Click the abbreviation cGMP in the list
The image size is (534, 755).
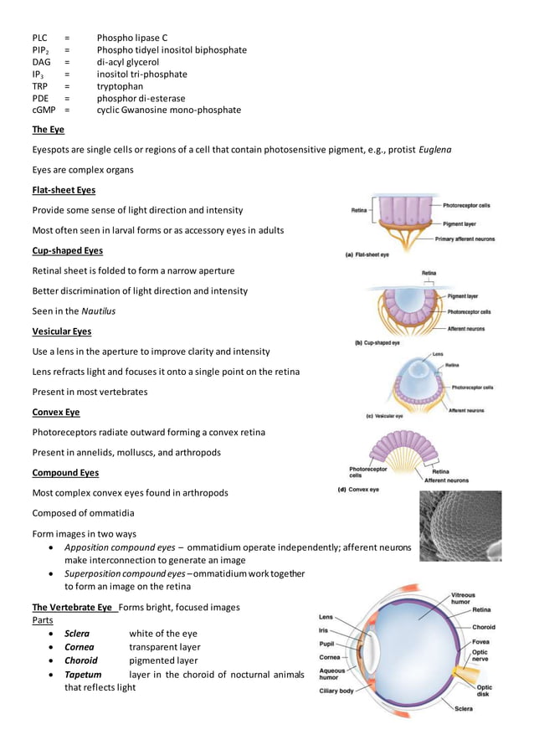pos(44,110)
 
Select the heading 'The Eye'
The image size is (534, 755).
pos(48,130)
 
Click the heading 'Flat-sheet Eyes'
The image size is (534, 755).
pos(64,190)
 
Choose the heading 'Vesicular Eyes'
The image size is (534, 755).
pos(61,331)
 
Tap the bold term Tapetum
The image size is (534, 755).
pos(83,674)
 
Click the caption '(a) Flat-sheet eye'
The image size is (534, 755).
pos(367,254)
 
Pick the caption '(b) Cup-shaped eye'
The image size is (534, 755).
pos(377,343)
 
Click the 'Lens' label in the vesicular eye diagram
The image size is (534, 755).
pos(438,355)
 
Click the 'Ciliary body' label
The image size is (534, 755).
pos(336,691)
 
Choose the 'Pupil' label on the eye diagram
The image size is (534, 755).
pos(328,644)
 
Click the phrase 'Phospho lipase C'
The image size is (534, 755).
pos(132,39)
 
